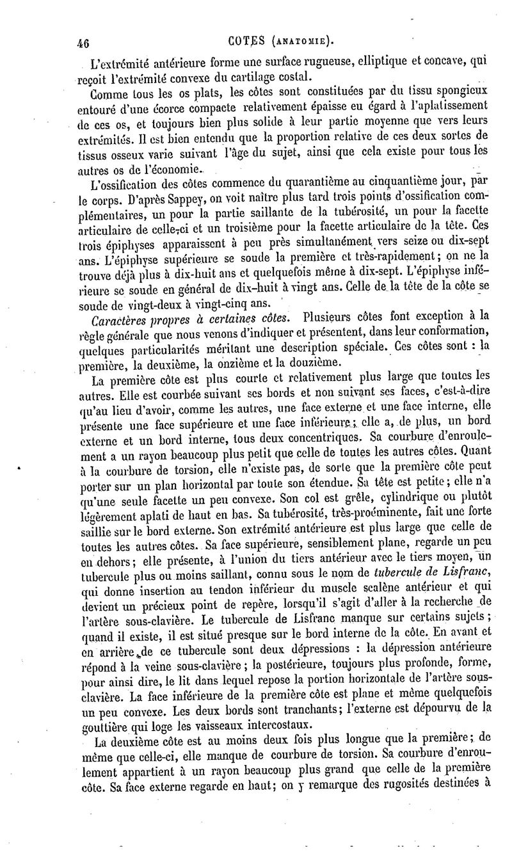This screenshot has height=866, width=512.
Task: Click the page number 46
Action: [x=81, y=43]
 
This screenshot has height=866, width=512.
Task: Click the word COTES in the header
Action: [x=246, y=42]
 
